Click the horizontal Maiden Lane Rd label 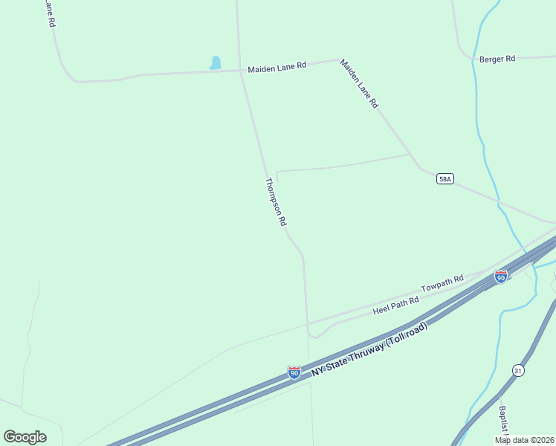point(277,66)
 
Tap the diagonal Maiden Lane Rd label point(359,84)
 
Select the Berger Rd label point(497,59)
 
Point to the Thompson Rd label point(276,201)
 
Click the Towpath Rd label point(442,283)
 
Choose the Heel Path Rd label point(396,305)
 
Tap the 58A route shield point(445,179)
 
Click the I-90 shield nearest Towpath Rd point(501,277)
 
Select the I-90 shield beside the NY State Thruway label point(294,372)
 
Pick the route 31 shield point(517,370)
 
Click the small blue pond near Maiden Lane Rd point(216,63)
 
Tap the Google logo point(25,437)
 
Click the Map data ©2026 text point(524,440)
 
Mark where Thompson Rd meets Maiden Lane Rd point(240,71)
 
